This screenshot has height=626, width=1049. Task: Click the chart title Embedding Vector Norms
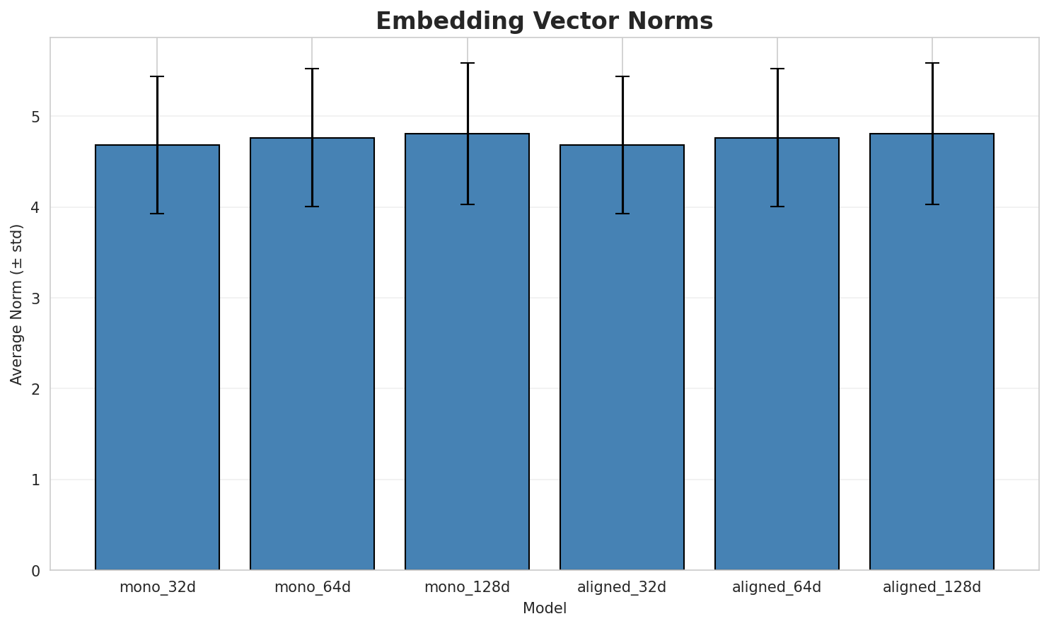click(544, 21)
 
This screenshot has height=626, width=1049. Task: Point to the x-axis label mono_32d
click(157, 587)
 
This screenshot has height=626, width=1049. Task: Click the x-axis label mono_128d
click(467, 587)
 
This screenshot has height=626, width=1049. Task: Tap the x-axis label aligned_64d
click(777, 587)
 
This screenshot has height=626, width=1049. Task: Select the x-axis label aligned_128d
click(932, 587)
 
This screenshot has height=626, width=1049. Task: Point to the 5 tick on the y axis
click(36, 117)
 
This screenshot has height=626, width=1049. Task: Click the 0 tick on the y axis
click(36, 571)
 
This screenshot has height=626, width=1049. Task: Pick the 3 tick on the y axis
click(36, 298)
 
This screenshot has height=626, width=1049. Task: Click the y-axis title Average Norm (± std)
click(17, 304)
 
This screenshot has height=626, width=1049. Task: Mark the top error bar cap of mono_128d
click(467, 63)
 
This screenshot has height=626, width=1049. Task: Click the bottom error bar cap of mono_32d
click(157, 214)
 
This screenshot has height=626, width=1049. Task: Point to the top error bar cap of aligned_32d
click(622, 76)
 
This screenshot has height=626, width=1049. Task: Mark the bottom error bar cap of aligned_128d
click(932, 204)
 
